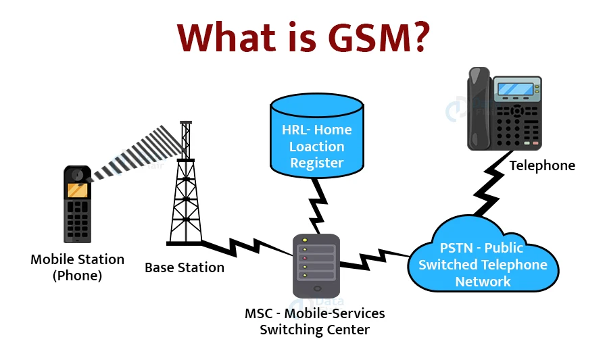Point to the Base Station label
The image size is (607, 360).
[x=184, y=267]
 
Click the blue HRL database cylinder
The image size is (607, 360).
[x=316, y=135]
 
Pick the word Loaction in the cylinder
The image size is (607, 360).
[x=316, y=147]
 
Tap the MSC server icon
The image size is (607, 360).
[x=316, y=265]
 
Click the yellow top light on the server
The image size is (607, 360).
[x=305, y=241]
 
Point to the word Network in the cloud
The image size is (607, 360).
[x=483, y=282]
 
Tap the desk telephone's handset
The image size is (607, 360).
[x=479, y=108]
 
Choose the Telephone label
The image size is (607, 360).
[x=542, y=165]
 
